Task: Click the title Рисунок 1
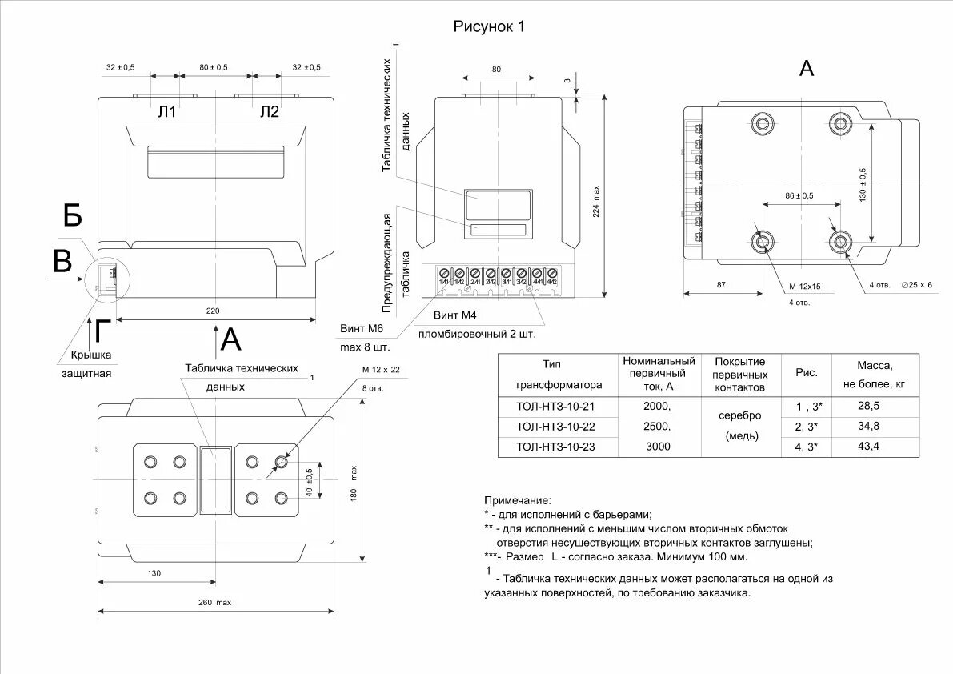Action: (x=489, y=26)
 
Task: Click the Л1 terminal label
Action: (x=166, y=112)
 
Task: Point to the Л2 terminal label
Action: (x=270, y=112)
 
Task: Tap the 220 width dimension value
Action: (x=212, y=311)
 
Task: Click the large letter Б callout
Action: (x=73, y=216)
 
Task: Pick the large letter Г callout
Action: (x=102, y=331)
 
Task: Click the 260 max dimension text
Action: (x=216, y=603)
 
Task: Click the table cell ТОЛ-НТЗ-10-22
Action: (x=556, y=426)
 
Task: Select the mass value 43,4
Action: (x=868, y=446)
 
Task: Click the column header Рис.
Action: (x=806, y=374)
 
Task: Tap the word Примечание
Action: (x=518, y=499)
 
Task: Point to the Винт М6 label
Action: (x=362, y=329)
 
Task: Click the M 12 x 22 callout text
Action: (x=380, y=369)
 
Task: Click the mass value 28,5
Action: (x=868, y=406)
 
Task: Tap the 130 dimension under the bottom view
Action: (x=154, y=573)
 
